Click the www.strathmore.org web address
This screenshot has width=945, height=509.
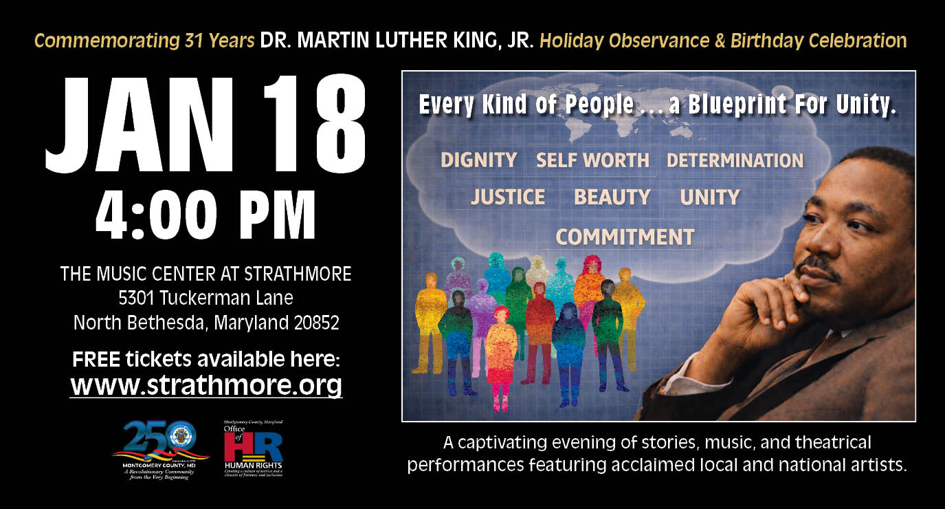[206, 385]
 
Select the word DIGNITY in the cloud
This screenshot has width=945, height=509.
[478, 160]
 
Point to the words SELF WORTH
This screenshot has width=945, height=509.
[592, 160]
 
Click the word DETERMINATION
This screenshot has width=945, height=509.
[735, 160]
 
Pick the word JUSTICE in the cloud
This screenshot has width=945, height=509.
[508, 197]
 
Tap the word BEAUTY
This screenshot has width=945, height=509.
[612, 197]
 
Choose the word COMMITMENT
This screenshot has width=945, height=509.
[625, 237]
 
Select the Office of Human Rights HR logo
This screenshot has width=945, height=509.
[253, 447]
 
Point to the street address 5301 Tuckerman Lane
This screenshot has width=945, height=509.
[206, 299]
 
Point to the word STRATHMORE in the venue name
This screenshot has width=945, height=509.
[296, 274]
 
